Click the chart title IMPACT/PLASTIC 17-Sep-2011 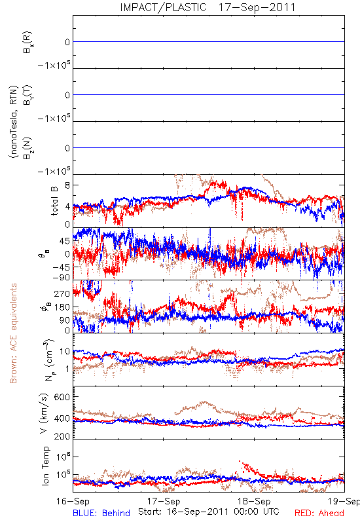207,7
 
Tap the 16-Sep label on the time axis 73,502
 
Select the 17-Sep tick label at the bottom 164,502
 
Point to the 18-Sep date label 254,502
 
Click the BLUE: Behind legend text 101,514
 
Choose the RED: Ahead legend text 319,514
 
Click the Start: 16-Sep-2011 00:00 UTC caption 209,512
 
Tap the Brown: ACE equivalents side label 13,333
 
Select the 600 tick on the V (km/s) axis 62,397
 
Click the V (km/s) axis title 44,413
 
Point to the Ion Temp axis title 45,466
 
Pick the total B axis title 54,200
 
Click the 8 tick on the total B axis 67,185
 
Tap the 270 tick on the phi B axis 62,293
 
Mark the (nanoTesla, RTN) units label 13,122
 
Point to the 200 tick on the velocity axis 62,436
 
